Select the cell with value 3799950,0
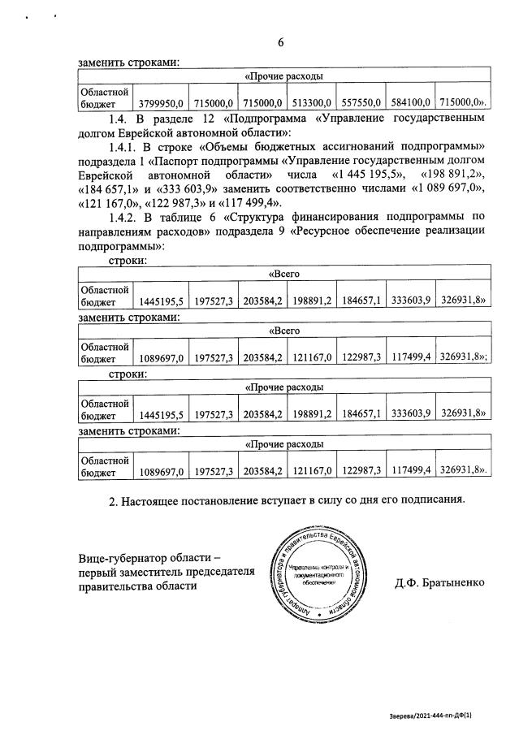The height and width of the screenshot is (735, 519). click(162, 104)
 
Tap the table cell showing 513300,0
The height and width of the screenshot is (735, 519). click(311, 104)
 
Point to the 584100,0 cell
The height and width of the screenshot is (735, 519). click(410, 104)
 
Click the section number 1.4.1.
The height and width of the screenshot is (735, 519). click(123, 147)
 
